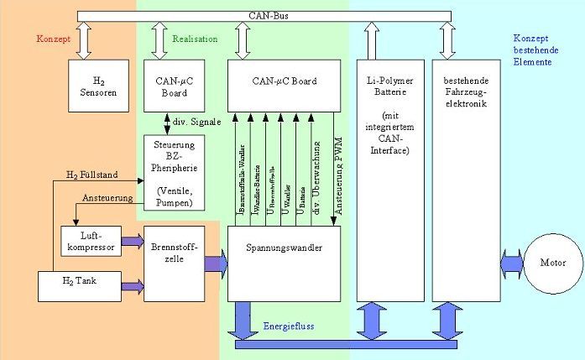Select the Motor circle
pyautogui.click(x=550, y=263)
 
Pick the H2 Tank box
pyautogui.click(x=80, y=285)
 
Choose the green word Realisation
pyautogui.click(x=195, y=39)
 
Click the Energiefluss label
pyautogui.click(x=289, y=326)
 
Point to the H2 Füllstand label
pyautogui.click(x=91, y=175)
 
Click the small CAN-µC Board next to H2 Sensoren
pyautogui.click(x=174, y=86)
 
